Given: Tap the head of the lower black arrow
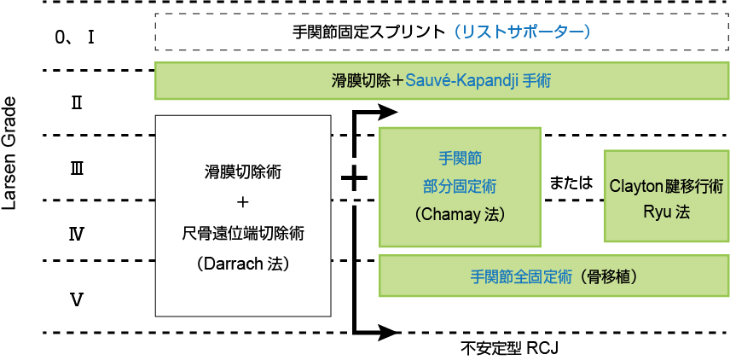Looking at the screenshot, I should click(x=391, y=331).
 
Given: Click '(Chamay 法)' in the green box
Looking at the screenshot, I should click(x=460, y=215).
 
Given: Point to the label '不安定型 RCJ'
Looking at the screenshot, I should click(x=509, y=348).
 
